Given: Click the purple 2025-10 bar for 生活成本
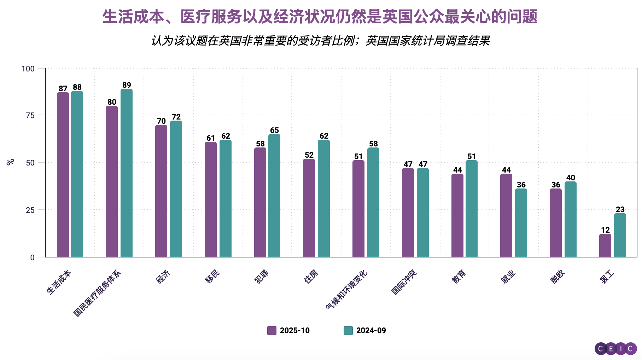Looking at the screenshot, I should pyautogui.click(x=63, y=175).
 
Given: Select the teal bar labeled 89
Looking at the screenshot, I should pyautogui.click(x=127, y=173).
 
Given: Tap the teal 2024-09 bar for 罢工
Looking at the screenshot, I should pyautogui.click(x=620, y=235).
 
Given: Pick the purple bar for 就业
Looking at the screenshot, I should pyautogui.click(x=506, y=215).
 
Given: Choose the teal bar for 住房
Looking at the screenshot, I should pyautogui.click(x=324, y=198).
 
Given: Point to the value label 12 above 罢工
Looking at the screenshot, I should pyautogui.click(x=605, y=230).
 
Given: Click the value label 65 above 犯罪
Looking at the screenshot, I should pyautogui.click(x=274, y=130).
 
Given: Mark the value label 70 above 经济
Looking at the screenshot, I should pyautogui.click(x=161, y=121).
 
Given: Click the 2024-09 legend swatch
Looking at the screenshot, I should pyautogui.click(x=348, y=331).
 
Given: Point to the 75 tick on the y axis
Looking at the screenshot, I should pyautogui.click(x=30, y=115).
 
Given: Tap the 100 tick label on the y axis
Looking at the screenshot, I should pyautogui.click(x=28, y=69).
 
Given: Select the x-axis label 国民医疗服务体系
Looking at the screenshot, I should pyautogui.click(x=97, y=294).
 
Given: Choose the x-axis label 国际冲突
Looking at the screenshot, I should pyautogui.click(x=404, y=282).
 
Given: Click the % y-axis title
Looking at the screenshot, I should pyautogui.click(x=11, y=162).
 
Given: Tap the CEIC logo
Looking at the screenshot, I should pyautogui.click(x=615, y=349).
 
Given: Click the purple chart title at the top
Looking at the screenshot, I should pyautogui.click(x=320, y=17).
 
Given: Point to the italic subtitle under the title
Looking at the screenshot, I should pyautogui.click(x=320, y=41).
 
